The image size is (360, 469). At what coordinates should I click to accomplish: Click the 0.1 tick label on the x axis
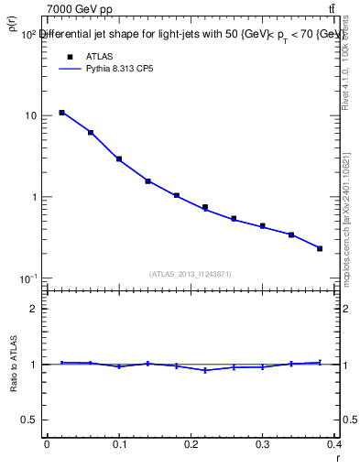click(118, 444)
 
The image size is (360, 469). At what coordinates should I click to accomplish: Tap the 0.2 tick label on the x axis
click(191, 444)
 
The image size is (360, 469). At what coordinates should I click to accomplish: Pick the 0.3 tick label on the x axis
click(262, 444)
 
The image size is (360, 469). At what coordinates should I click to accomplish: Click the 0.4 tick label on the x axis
click(333, 444)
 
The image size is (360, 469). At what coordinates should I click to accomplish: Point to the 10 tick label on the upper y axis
click(30, 116)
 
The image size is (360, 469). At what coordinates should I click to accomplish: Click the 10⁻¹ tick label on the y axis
click(27, 278)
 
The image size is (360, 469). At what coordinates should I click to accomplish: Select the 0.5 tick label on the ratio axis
click(29, 420)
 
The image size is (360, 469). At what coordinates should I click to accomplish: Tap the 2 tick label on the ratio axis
click(33, 310)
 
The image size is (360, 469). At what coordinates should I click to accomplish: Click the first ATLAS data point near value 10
click(61, 113)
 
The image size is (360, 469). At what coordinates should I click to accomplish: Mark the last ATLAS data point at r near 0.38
click(320, 248)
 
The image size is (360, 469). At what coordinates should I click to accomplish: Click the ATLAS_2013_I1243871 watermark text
click(191, 274)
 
